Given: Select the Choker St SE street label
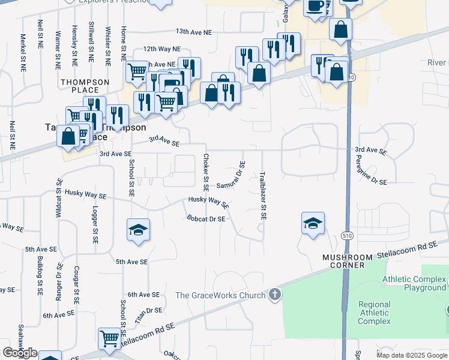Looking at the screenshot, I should (206, 169).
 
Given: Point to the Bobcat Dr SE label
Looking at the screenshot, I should (206, 219).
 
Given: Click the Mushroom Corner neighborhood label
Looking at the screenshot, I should (352, 261).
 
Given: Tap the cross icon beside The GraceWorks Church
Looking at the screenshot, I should (274, 294).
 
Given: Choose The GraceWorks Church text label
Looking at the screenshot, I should (220, 295).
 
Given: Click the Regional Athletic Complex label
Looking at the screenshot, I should (375, 313).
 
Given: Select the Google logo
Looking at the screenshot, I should (20, 353).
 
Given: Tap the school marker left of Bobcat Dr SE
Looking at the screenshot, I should (138, 230).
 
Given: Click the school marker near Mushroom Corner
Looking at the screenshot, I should (313, 224).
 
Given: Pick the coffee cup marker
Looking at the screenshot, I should (315, 7).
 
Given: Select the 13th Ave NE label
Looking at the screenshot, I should (194, 31).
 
